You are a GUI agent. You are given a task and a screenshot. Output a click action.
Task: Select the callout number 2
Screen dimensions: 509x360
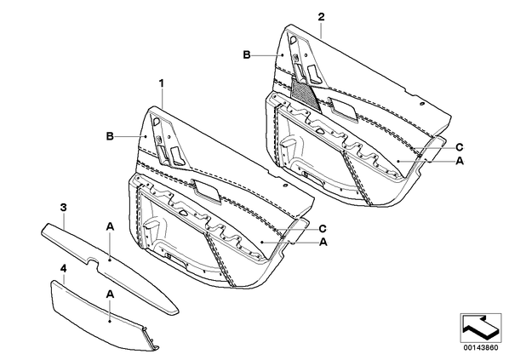click(x=321, y=16)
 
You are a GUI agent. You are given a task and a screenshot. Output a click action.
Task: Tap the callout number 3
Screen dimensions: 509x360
click(x=64, y=207)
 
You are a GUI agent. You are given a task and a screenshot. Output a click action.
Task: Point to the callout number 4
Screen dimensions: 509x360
click(x=64, y=268)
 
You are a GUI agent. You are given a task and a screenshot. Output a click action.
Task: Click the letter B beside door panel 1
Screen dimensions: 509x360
click(x=110, y=136)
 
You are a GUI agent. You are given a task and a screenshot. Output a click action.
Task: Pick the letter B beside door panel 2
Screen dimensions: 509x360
click(x=247, y=54)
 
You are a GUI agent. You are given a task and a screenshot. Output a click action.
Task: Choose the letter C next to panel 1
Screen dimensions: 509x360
click(x=323, y=229)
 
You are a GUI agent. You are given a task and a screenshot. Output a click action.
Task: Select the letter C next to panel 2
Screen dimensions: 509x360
click(x=460, y=148)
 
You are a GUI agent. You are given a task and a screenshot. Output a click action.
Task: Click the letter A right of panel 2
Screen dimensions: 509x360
click(x=460, y=161)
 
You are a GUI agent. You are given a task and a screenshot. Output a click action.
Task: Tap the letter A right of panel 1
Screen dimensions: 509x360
click(x=323, y=242)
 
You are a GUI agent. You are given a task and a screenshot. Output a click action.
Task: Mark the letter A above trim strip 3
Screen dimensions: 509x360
click(x=110, y=227)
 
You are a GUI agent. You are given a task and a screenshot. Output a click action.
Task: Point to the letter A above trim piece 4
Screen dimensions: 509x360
click(x=110, y=294)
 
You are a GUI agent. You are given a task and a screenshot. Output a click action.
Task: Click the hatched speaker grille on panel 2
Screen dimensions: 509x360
click(x=305, y=94)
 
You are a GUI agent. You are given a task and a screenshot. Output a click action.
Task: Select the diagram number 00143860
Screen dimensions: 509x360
click(x=480, y=348)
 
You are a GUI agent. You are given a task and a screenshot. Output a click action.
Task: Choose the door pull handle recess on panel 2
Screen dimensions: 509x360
click(x=343, y=110)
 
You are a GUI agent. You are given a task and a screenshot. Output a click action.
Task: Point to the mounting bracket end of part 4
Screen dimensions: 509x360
click(x=150, y=339)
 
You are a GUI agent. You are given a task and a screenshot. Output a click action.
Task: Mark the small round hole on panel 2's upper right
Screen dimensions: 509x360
click(x=421, y=104)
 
